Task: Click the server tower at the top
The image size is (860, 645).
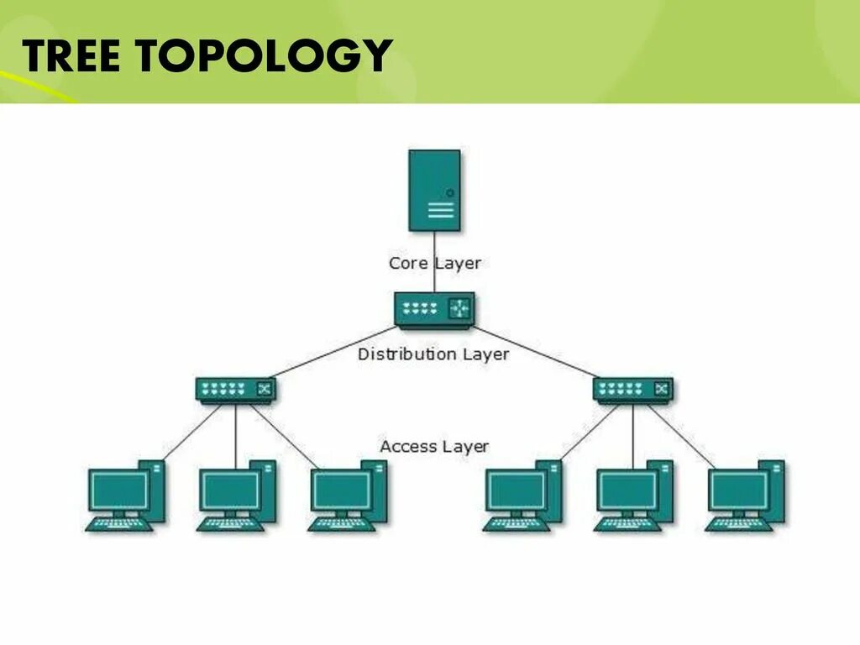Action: tap(434, 190)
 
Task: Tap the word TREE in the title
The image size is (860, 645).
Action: tap(71, 55)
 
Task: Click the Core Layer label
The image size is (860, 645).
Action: tap(434, 263)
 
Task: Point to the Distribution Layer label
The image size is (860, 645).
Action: tap(433, 354)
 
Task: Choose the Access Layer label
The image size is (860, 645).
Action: tap(433, 446)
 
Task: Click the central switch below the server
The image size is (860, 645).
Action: tap(434, 309)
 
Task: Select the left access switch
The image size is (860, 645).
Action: tap(235, 390)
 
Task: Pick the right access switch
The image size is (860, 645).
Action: tap(632, 390)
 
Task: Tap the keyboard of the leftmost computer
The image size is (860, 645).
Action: tap(119, 524)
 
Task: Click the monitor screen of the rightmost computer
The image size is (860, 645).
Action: tap(738, 490)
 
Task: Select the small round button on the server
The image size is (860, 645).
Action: tap(450, 192)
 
